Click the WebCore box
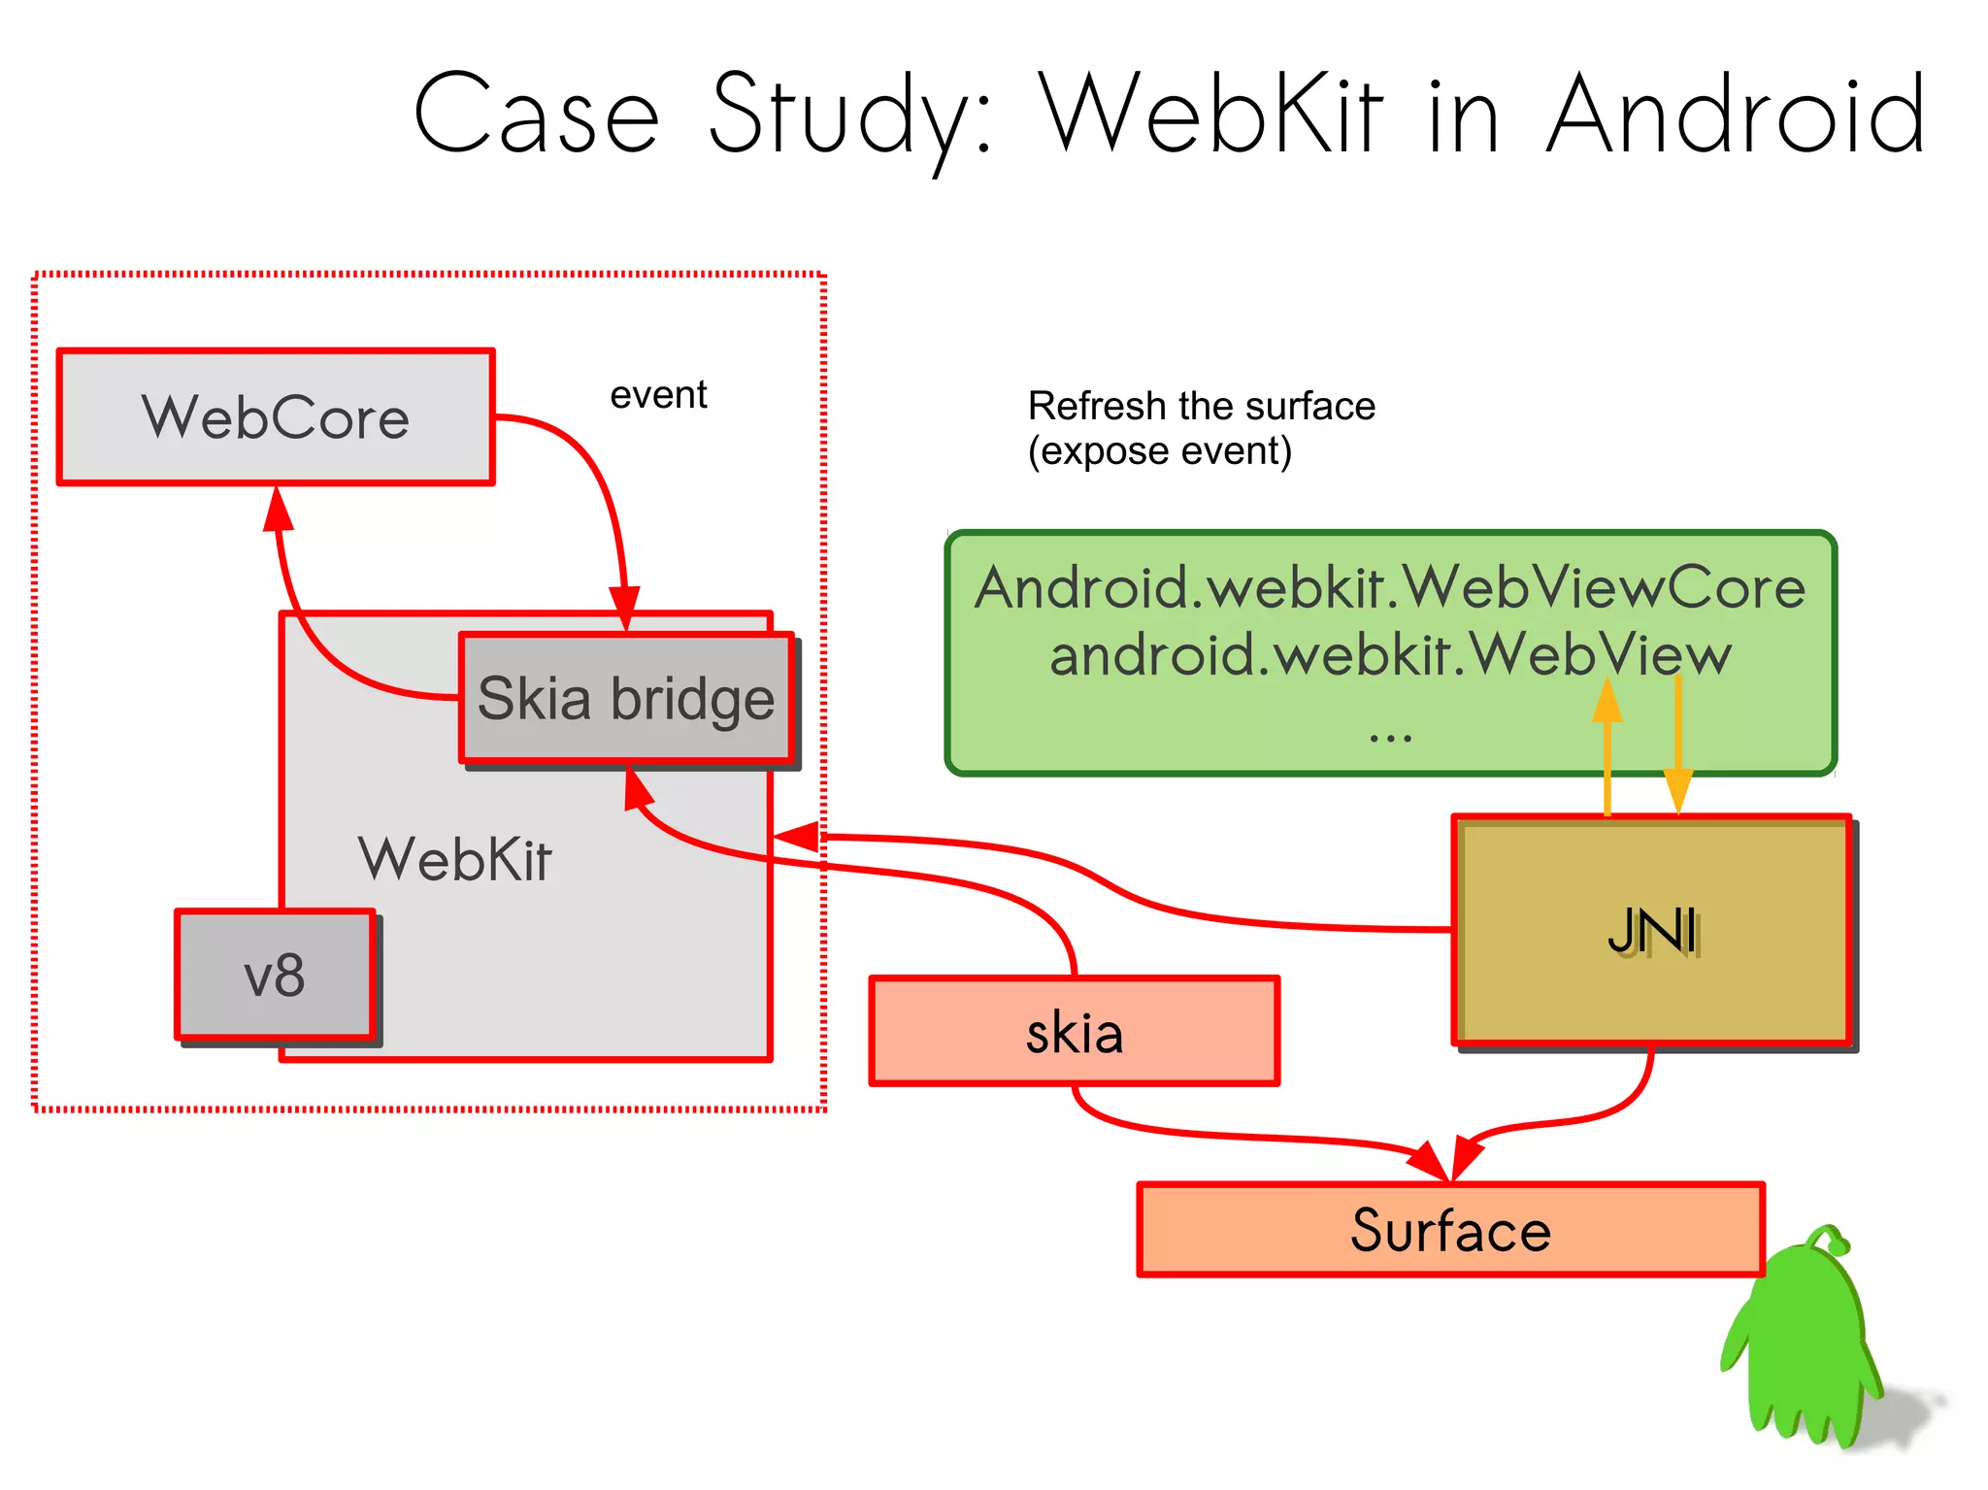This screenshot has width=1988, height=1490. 276,417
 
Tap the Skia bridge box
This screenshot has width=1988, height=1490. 626,699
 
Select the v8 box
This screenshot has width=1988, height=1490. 275,976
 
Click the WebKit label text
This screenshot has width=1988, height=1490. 454,859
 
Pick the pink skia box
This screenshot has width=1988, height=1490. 1074,1032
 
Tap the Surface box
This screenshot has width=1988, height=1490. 1450,1231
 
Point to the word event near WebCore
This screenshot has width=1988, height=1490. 658,395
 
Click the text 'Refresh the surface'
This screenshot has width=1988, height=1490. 1201,406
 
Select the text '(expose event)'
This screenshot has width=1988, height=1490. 1160,451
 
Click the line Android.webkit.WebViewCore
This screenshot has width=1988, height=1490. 1390,588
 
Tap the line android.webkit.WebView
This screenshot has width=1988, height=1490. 1390,654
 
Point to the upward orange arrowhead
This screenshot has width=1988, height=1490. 1607,701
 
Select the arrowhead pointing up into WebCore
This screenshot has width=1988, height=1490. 279,509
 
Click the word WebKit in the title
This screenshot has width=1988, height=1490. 1210,115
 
